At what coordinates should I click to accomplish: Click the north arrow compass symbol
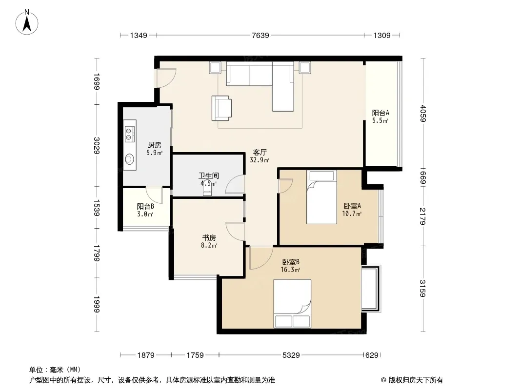click(27, 22)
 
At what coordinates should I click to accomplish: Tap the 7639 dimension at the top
click(260, 35)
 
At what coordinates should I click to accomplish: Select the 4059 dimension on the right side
click(422, 113)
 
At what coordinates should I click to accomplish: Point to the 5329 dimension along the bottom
click(291, 355)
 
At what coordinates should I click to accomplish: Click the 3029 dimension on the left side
click(97, 145)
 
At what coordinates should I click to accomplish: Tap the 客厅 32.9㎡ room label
click(260, 156)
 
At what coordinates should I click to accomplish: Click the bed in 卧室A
click(321, 197)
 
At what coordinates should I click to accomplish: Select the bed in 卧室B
click(292, 304)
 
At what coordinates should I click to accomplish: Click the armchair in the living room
click(221, 108)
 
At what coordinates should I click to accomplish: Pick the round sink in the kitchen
click(130, 159)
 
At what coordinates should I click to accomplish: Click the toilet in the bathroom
click(207, 189)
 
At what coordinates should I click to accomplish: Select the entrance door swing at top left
click(166, 78)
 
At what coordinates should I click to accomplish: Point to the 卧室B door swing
click(261, 258)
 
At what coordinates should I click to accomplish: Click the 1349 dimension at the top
click(138, 35)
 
